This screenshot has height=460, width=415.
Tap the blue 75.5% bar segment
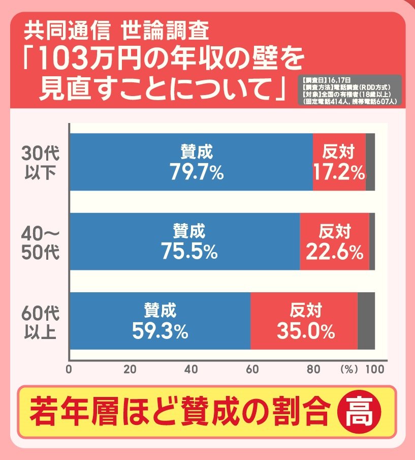(184, 241)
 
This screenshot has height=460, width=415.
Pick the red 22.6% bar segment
(334, 241)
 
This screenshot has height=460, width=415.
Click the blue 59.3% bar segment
(160, 321)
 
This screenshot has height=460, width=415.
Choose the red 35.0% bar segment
(304, 321)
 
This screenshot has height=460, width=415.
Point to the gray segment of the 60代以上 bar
(366, 321)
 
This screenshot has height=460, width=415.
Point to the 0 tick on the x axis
(69, 370)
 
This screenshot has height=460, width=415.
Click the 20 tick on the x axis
(130, 370)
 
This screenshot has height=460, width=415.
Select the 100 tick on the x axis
(375, 370)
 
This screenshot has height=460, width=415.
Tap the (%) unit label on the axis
(349, 370)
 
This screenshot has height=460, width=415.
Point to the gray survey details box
(350, 90)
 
